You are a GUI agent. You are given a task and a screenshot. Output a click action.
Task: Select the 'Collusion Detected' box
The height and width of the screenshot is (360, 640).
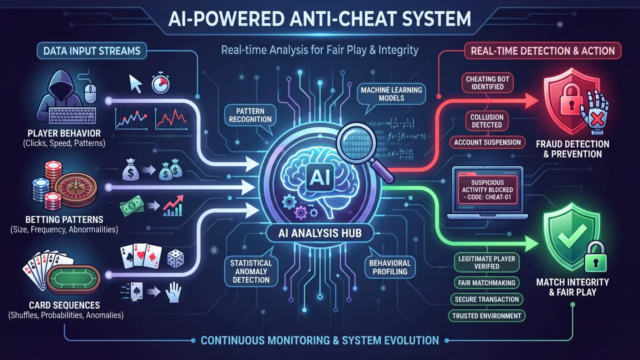coord(486,121)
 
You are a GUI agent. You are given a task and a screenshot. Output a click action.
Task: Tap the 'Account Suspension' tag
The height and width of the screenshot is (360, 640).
coord(487,142)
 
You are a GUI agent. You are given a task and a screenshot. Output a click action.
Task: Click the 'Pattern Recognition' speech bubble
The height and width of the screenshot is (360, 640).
coord(248,114)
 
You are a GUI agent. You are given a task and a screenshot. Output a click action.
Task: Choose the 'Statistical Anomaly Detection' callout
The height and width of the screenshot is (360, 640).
coord(251,271)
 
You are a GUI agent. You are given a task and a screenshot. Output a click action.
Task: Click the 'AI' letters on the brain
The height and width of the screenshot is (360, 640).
coord(319,175)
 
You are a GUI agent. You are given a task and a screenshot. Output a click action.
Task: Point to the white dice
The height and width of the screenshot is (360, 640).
coord(174,259)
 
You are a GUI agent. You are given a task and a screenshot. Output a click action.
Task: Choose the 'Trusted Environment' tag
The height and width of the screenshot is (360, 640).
coord(487,315)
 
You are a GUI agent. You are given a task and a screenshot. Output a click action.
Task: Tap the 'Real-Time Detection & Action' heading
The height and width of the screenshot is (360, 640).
coord(543,50)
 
